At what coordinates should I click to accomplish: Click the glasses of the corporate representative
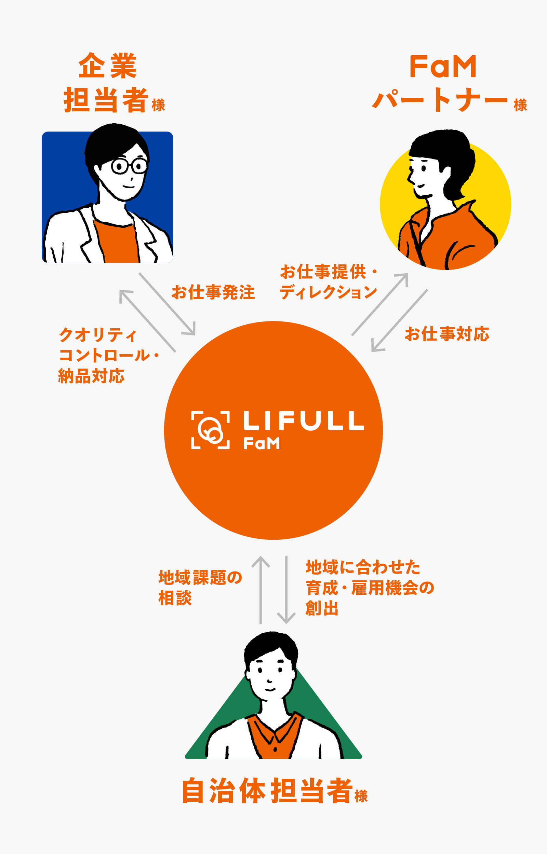click(x=129, y=166)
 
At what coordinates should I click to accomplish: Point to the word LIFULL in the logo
click(x=304, y=421)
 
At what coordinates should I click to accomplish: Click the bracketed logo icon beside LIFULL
click(x=210, y=430)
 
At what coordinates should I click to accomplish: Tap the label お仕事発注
click(x=213, y=292)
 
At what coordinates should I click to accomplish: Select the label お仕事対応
click(x=447, y=334)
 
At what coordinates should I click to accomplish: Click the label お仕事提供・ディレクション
click(x=328, y=282)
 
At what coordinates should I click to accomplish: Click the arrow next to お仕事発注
click(x=167, y=304)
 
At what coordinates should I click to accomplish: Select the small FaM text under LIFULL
click(x=262, y=443)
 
